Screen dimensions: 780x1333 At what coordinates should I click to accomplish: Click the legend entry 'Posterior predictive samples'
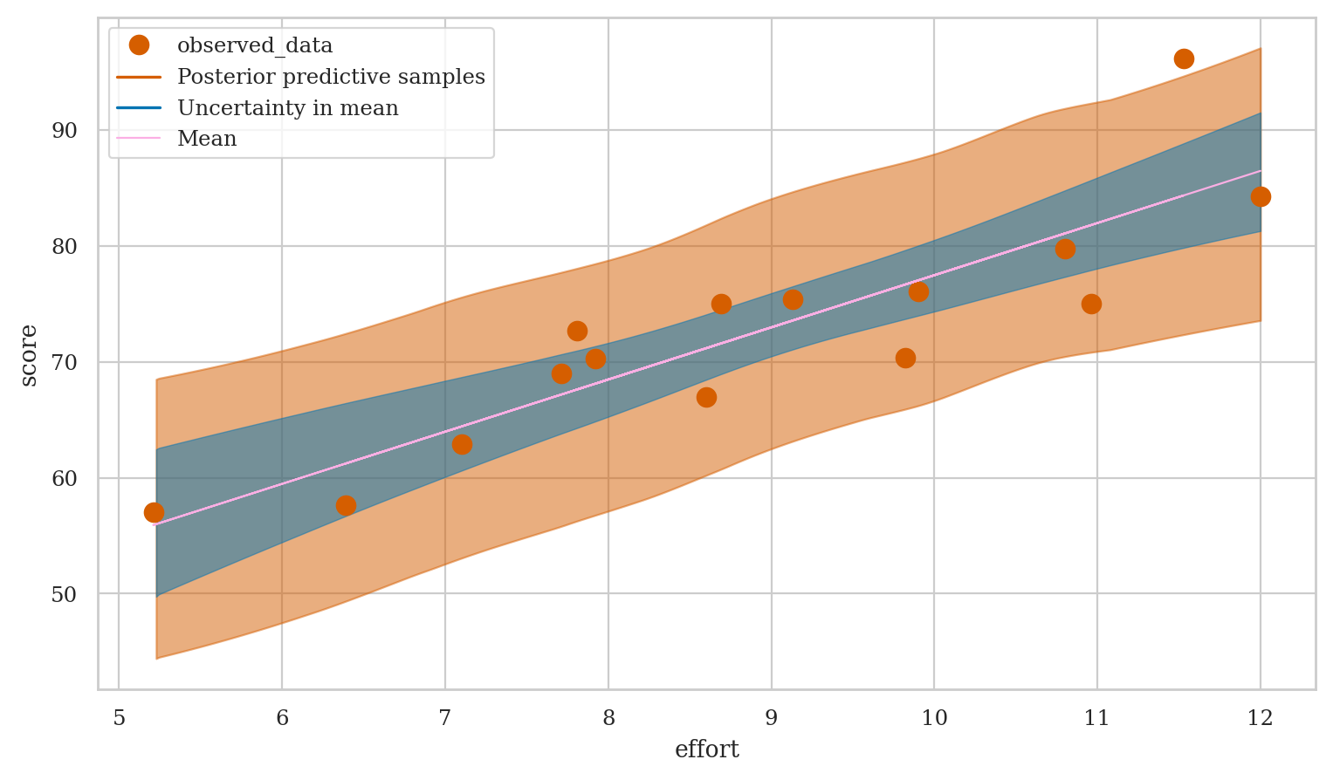click(331, 77)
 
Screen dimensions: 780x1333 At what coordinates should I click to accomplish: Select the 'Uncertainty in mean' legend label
click(287, 108)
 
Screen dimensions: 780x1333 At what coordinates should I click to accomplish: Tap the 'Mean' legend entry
click(207, 139)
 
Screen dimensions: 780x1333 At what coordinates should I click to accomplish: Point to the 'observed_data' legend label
click(255, 45)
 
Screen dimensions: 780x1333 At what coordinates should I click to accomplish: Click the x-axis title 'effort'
click(706, 749)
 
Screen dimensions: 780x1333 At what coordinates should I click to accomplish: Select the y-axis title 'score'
click(29, 354)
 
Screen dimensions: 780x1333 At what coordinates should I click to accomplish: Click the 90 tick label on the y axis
click(65, 130)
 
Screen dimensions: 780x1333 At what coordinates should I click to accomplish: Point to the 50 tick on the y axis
click(65, 594)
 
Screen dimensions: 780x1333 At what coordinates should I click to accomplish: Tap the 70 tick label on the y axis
click(65, 362)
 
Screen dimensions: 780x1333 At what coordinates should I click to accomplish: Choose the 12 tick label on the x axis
click(1260, 718)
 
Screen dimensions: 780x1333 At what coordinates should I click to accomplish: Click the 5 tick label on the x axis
click(119, 718)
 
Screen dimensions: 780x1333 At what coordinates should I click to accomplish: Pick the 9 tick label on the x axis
click(771, 718)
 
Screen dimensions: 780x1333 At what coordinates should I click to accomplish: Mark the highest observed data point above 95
click(1184, 58)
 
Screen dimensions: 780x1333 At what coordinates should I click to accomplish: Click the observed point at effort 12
click(1260, 197)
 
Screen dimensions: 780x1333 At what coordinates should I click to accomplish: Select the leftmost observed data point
click(154, 512)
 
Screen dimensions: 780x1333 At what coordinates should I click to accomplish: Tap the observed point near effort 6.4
click(346, 505)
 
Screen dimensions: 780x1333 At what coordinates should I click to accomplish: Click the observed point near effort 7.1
click(462, 444)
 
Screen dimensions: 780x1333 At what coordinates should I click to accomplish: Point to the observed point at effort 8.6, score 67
click(706, 397)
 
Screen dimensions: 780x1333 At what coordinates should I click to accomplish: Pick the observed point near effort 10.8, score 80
click(1065, 250)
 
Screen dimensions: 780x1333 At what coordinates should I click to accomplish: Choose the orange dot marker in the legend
click(139, 45)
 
